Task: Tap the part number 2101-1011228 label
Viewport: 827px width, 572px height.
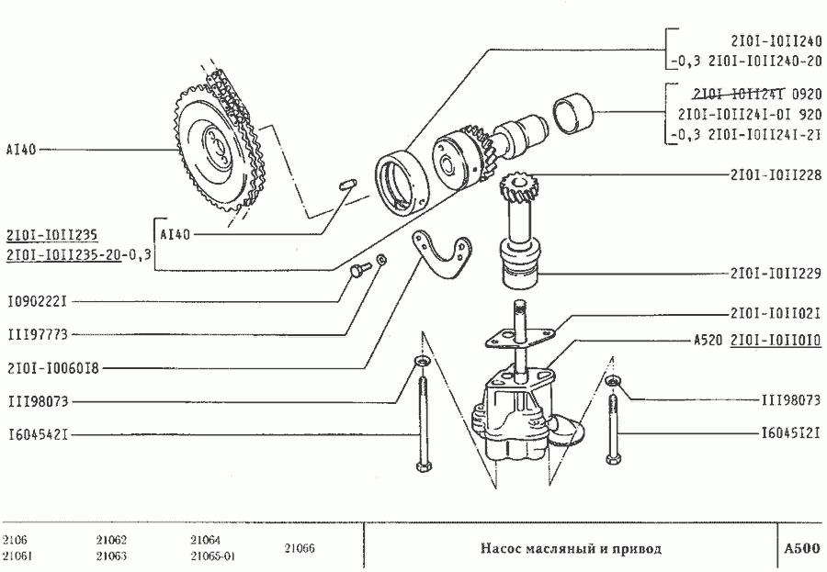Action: (775, 174)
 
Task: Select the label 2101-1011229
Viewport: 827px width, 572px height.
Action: (775, 273)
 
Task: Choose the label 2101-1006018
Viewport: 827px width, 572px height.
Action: (52, 368)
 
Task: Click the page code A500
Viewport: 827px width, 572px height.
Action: (800, 549)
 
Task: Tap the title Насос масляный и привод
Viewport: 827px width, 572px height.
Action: (571, 549)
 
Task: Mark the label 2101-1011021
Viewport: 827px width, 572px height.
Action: (775, 313)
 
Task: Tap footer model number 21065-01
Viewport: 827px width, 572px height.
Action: (213, 556)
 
